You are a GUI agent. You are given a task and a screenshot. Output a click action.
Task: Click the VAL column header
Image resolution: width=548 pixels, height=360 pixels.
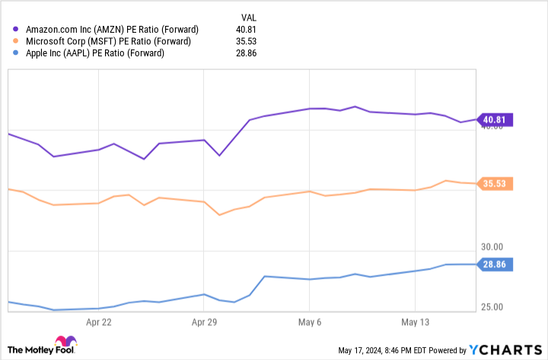[248, 17]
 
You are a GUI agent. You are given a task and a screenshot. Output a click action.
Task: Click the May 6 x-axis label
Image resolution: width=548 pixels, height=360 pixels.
[309, 322]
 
